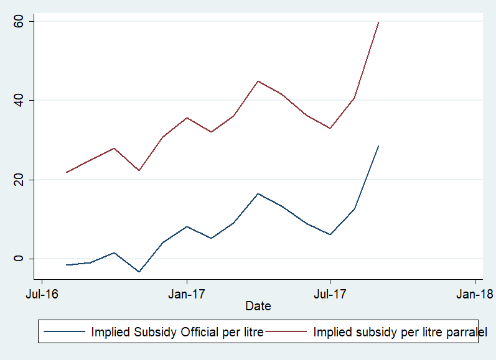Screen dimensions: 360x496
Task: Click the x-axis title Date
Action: click(258, 306)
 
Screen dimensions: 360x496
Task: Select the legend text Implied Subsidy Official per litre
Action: click(177, 331)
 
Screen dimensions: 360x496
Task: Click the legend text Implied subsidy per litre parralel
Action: click(400, 331)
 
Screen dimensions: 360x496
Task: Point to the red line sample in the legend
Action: click(289, 331)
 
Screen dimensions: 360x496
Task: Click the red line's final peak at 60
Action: click(378, 22)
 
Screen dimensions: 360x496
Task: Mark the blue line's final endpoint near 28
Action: click(378, 146)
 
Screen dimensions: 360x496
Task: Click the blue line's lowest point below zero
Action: click(139, 272)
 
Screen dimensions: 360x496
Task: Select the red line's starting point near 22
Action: click(66, 172)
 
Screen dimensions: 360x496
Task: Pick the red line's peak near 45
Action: click(258, 81)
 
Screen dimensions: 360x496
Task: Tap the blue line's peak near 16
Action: click(258, 193)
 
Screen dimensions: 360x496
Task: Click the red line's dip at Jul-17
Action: click(330, 128)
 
